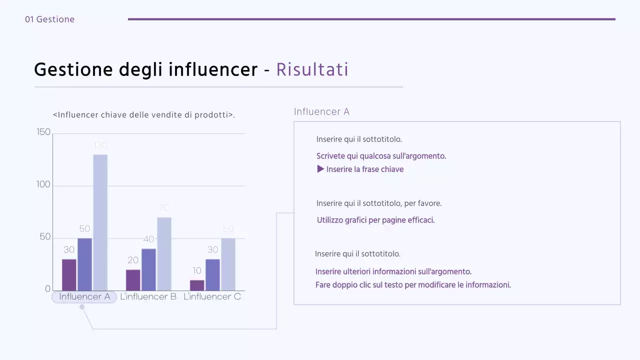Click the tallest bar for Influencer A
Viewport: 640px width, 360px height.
[x=100, y=222]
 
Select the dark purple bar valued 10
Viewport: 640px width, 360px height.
[x=197, y=285]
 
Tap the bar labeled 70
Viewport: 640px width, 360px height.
[x=164, y=254]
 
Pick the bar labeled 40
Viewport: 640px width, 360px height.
[x=148, y=269]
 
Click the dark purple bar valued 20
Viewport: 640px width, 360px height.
[x=133, y=280]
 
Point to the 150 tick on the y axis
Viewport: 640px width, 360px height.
[x=44, y=132]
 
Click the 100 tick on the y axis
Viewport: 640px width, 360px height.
[x=44, y=184]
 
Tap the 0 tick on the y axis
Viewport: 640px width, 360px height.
[x=47, y=289]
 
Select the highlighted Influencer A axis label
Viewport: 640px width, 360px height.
[x=84, y=297]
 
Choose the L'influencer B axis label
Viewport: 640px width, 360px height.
[x=148, y=297]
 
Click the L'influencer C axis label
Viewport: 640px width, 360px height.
[x=212, y=297]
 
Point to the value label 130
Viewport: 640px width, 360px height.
[x=100, y=145]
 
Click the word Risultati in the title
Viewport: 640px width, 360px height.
[x=312, y=70]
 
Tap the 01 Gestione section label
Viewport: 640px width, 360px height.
[x=49, y=19]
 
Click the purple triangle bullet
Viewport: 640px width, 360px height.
[x=321, y=169]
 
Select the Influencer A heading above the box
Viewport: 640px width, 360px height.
[x=321, y=111]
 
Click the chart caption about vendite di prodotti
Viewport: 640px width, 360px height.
[x=144, y=115]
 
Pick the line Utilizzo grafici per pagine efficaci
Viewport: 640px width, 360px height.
[x=375, y=220]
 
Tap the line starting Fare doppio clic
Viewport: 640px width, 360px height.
[x=413, y=285]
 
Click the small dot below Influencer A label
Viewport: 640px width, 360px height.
[x=82, y=307]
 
